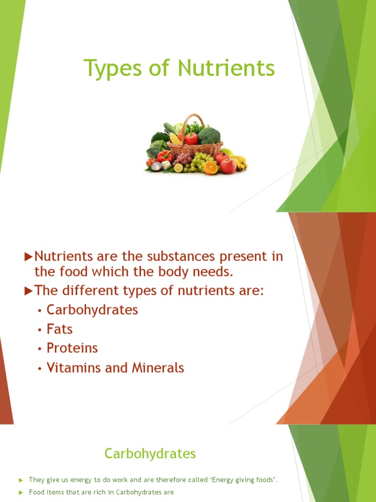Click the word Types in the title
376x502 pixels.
click(111, 69)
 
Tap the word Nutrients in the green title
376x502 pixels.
click(226, 68)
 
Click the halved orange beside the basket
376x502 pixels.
click(211, 167)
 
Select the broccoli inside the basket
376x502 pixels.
click(209, 135)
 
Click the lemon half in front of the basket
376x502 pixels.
click(178, 168)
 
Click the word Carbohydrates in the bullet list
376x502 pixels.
click(92, 310)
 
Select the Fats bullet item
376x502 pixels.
click(60, 329)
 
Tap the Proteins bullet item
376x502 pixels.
click(72, 348)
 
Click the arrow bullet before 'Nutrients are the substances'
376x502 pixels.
click(28, 256)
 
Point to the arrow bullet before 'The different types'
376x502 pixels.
click(28, 291)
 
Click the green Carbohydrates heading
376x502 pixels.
click(150, 454)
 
